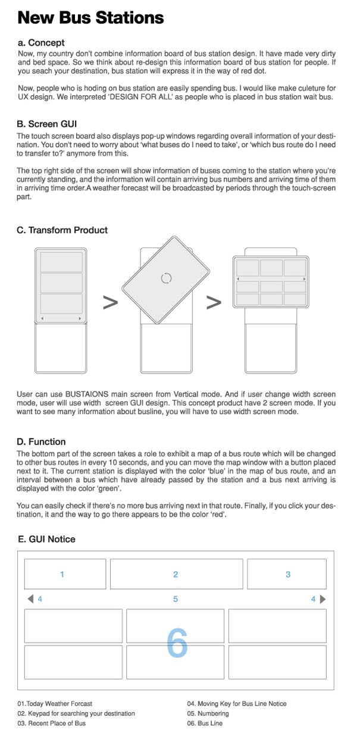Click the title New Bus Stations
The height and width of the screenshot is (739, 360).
tap(90, 17)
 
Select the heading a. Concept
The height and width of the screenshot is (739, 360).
tap(41, 43)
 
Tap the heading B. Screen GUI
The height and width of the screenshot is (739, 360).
tap(47, 125)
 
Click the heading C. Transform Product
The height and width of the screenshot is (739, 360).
tap(62, 230)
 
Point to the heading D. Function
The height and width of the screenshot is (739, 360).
tap(41, 441)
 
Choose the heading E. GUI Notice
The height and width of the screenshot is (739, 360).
tap(47, 539)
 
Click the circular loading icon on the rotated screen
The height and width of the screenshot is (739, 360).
tap(167, 278)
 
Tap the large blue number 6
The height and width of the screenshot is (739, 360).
tap(177, 643)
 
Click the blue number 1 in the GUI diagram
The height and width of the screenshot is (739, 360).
tap(62, 574)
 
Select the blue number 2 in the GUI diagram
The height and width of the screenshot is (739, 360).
tap(176, 574)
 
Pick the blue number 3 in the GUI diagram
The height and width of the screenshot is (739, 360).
tap(288, 574)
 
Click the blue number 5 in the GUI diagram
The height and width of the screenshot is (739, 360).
tap(176, 599)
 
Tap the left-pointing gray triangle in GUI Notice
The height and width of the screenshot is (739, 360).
tap(30, 599)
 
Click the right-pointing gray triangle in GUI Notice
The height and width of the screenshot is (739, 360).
tap(323, 599)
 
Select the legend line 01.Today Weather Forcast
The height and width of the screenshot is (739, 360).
tap(55, 703)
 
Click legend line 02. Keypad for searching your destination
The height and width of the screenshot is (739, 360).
tap(76, 713)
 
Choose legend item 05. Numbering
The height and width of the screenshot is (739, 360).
tap(208, 713)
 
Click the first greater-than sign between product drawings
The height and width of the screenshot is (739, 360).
tap(110, 302)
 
